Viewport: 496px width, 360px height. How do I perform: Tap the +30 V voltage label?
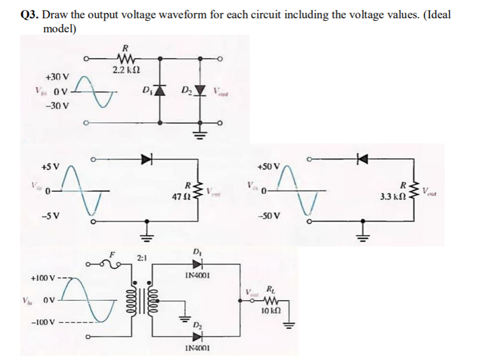(58, 77)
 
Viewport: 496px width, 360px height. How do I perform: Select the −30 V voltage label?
(58, 105)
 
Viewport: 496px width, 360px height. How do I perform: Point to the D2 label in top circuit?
(186, 92)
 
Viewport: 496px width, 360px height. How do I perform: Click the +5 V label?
(50, 166)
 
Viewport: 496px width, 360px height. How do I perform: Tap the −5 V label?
(50, 216)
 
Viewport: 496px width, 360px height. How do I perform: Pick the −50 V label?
(268, 216)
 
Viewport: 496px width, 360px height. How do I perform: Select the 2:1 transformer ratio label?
(142, 258)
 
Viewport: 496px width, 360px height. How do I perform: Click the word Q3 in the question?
(29, 15)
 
